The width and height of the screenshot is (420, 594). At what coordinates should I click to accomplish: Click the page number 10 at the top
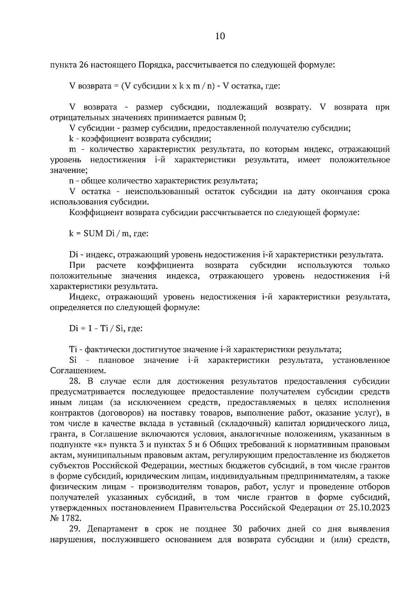pyautogui.click(x=220, y=36)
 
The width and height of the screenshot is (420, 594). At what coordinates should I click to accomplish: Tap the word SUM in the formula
pyautogui.click(x=93, y=234)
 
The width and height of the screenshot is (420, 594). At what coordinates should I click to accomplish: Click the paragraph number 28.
pyautogui.click(x=75, y=381)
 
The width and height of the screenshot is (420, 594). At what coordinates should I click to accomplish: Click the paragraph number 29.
pyautogui.click(x=75, y=529)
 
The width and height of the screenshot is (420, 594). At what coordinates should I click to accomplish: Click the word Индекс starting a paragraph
pyautogui.click(x=83, y=297)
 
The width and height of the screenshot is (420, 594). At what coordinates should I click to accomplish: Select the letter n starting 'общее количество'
pyautogui.click(x=71, y=181)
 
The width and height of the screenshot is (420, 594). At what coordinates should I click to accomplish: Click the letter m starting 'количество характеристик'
pyautogui.click(x=73, y=150)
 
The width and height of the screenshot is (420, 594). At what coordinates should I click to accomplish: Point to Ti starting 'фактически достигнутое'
pyautogui.click(x=73, y=349)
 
